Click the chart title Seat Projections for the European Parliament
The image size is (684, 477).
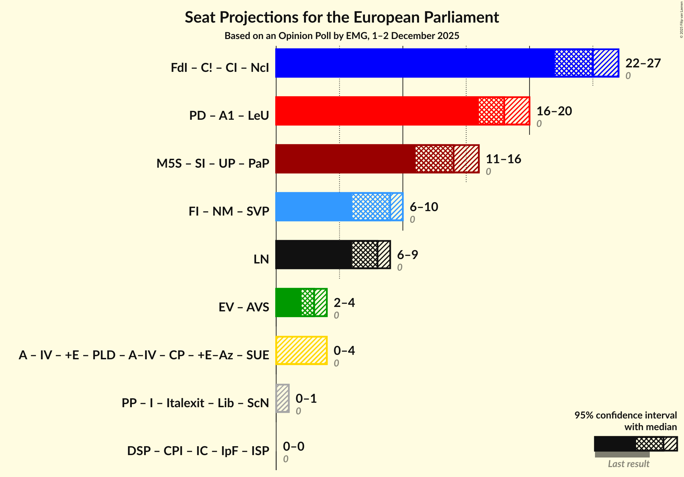[342, 17]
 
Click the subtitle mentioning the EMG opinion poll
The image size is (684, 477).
[342, 36]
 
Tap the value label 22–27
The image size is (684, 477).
[643, 63]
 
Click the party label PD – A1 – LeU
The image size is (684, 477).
[229, 116]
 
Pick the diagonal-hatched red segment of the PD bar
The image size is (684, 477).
[517, 111]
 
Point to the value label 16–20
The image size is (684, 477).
[554, 111]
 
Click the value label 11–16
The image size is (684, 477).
[503, 159]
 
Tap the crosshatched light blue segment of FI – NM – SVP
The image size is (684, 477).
[371, 207]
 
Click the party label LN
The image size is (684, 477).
[261, 259]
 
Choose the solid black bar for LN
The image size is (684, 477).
[313, 255]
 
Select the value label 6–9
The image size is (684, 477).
[407, 255]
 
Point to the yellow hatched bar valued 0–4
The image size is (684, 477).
[301, 350]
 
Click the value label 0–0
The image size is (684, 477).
[293, 447]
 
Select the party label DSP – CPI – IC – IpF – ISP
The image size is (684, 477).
[198, 451]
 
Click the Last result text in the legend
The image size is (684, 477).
[628, 464]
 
